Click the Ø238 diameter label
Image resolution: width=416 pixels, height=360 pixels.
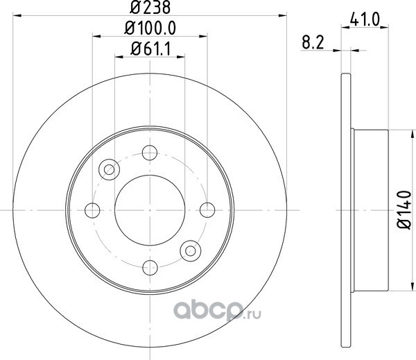(x=150, y=7)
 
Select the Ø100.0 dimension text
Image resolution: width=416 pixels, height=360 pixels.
(x=150, y=28)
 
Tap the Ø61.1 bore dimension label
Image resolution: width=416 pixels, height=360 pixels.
(x=150, y=49)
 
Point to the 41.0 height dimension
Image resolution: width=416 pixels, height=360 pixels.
(x=365, y=19)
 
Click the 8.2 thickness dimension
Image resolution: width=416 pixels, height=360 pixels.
(x=313, y=42)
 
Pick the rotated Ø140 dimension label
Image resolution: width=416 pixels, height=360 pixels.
(x=404, y=209)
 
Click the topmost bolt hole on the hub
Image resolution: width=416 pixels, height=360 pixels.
(x=150, y=153)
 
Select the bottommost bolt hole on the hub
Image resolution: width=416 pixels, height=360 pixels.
(x=150, y=268)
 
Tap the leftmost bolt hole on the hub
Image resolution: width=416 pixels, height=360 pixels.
(x=92, y=210)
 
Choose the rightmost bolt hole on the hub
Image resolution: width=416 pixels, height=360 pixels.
(x=207, y=210)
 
